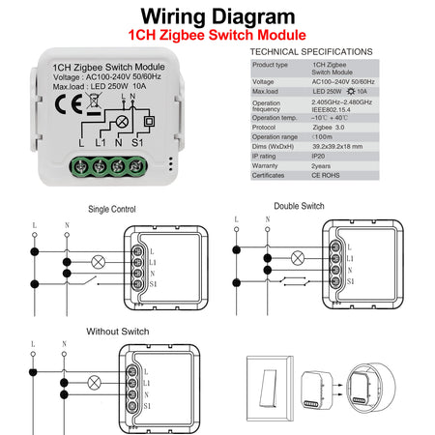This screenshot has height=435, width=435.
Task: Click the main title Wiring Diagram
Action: coord(217,16)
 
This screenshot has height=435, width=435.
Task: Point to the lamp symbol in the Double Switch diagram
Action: coord(298,257)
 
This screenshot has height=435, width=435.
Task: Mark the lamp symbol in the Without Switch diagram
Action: coord(95,383)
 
